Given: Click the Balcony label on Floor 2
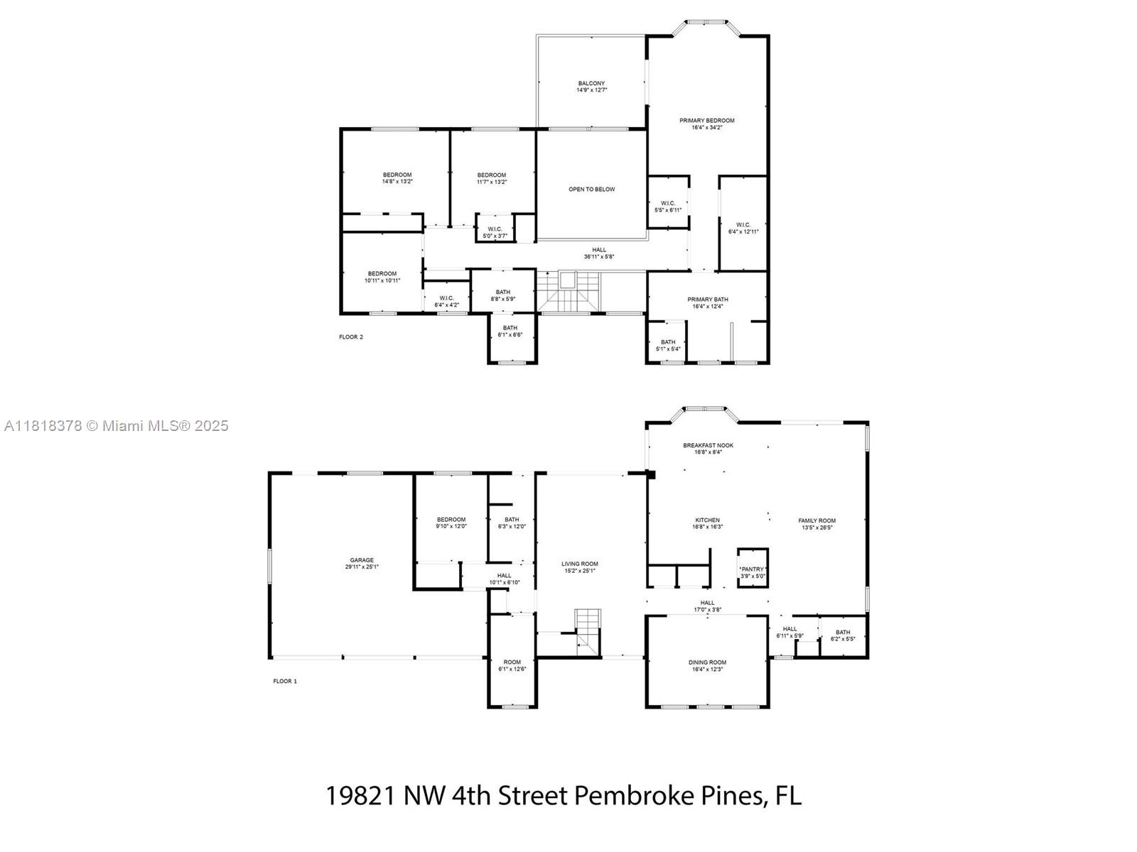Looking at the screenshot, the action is click(591, 83).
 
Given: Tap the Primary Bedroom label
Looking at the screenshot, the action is click(706, 121).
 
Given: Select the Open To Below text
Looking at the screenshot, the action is click(591, 190).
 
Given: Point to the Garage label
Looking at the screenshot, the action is click(362, 560).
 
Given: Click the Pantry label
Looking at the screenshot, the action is click(752, 569).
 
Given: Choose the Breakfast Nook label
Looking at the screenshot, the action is click(708, 445).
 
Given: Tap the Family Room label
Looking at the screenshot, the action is click(817, 521).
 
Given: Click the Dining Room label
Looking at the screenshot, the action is click(707, 662).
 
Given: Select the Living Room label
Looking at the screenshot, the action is click(580, 564).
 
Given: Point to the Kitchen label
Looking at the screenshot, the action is click(707, 520).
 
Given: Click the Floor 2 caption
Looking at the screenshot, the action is click(350, 337).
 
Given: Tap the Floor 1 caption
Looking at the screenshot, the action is click(285, 682).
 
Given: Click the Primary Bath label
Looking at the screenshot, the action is click(707, 300).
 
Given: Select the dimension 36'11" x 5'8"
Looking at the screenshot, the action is click(599, 256).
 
